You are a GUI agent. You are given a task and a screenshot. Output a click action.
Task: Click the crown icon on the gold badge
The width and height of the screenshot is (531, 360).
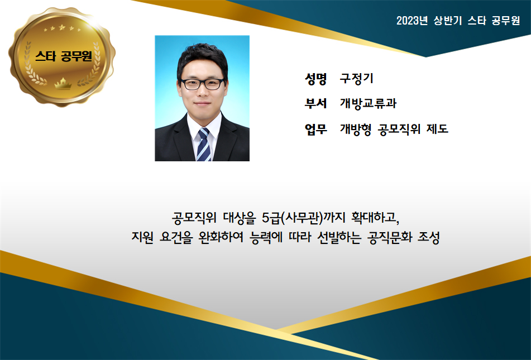point(63,83)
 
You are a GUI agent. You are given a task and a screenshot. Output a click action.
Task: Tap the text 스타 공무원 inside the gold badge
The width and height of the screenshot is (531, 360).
point(64,56)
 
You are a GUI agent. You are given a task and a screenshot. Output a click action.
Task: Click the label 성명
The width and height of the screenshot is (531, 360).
point(315,79)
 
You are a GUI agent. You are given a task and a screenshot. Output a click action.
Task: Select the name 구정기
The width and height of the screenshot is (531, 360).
point(357,79)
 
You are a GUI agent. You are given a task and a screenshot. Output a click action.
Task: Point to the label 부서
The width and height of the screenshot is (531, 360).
point(315,103)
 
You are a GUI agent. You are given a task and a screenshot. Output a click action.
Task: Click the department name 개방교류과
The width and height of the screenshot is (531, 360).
point(368,103)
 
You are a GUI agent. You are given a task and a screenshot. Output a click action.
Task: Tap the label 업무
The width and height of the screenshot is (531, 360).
point(315,129)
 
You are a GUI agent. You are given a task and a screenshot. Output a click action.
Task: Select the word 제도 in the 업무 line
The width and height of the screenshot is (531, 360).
point(438,129)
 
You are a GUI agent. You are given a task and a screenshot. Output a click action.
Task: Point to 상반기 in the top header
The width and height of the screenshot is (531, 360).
point(448,21)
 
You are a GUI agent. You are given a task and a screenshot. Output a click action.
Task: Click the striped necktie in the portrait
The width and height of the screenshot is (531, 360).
point(204,145)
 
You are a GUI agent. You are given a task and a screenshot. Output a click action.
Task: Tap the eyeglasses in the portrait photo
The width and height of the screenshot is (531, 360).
point(203,84)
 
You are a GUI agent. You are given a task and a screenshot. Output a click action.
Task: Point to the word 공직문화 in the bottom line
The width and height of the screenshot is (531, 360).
point(390,237)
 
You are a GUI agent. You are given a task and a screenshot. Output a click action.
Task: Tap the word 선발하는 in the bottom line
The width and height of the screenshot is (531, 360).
point(339,237)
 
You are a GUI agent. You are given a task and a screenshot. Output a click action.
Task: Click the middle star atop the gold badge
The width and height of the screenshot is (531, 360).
point(61,27)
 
